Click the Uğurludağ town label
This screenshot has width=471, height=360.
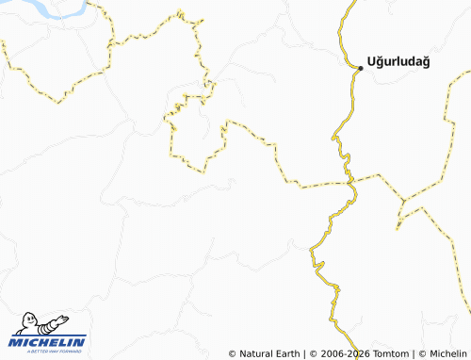tap(398, 62)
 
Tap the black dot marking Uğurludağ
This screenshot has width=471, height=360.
tap(361, 68)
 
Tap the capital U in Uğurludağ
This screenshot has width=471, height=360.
tap(370, 62)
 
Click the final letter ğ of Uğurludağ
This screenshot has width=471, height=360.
tap(426, 63)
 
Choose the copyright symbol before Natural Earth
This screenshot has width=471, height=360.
tap(233, 353)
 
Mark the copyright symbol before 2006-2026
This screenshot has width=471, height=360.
tap(314, 353)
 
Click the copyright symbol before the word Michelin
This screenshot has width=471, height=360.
tap(422, 353)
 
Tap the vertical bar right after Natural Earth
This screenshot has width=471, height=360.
tap(305, 353)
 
